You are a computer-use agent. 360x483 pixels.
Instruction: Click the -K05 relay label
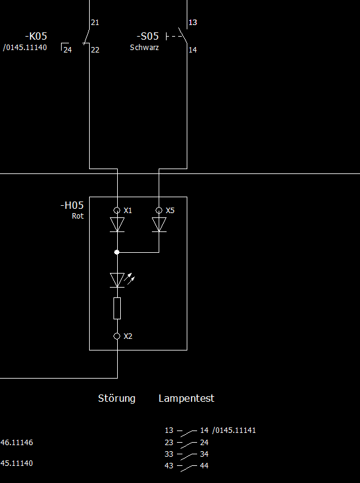[x=36, y=37]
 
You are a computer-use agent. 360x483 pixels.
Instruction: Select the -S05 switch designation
[x=148, y=37]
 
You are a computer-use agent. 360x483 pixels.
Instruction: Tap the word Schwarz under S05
[x=145, y=48]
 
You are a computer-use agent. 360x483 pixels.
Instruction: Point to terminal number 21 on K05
[x=95, y=23]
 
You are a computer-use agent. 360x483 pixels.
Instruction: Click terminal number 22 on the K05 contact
[x=95, y=49]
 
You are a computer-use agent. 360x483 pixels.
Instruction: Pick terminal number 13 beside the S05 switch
[x=193, y=23]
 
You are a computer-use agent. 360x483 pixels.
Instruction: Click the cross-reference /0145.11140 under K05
[x=25, y=48]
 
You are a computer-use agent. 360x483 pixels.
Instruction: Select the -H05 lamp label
[x=72, y=205]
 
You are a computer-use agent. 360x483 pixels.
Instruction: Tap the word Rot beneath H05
[x=78, y=216]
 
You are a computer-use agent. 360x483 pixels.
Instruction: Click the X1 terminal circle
[x=117, y=211]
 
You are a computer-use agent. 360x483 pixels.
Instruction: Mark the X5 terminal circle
[x=159, y=211]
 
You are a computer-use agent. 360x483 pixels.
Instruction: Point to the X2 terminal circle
[x=117, y=336]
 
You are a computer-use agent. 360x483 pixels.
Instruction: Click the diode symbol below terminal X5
[x=159, y=225]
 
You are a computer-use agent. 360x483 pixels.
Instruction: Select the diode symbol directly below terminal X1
[x=117, y=225]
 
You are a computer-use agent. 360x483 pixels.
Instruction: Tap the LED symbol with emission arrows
[x=122, y=280]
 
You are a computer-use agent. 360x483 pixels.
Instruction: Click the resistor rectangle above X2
[x=117, y=308]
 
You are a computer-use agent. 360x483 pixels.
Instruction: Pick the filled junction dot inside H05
[x=117, y=252]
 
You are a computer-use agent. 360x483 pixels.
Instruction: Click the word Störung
[x=117, y=398]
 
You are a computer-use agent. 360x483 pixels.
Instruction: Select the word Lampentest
[x=187, y=398]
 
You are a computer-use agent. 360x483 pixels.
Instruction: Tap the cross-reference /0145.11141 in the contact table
[x=234, y=430]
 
